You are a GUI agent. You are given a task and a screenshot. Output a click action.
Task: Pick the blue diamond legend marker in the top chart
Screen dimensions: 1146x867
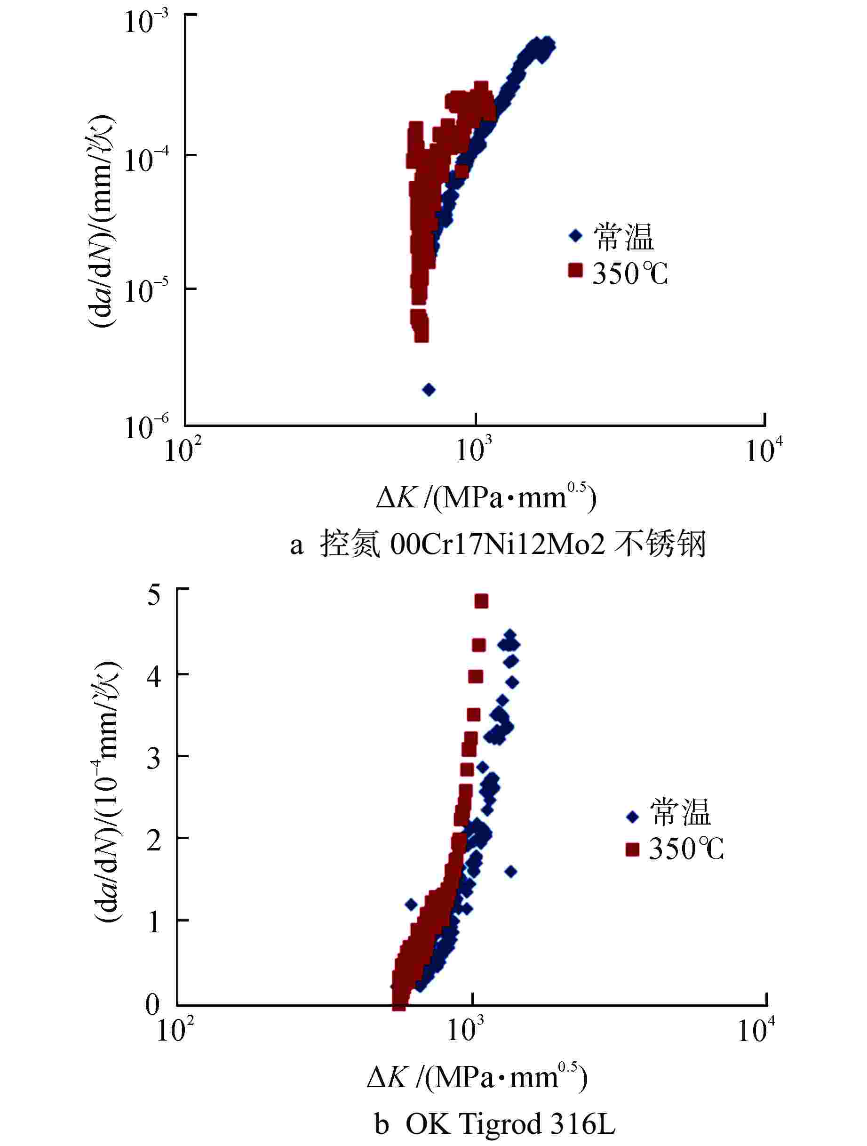(575, 236)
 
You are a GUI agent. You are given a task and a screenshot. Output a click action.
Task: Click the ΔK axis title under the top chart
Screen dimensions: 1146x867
(487, 498)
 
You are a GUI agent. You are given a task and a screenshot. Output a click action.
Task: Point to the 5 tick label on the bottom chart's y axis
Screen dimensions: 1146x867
(154, 596)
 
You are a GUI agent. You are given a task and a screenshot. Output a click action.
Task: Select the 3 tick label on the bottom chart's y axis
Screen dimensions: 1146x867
(154, 760)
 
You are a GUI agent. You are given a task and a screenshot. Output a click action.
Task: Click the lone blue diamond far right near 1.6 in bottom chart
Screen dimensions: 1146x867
(511, 872)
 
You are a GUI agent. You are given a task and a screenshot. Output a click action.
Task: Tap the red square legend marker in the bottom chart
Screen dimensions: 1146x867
(632, 849)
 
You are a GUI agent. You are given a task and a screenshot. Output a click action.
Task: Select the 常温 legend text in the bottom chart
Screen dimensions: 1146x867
(681, 813)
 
